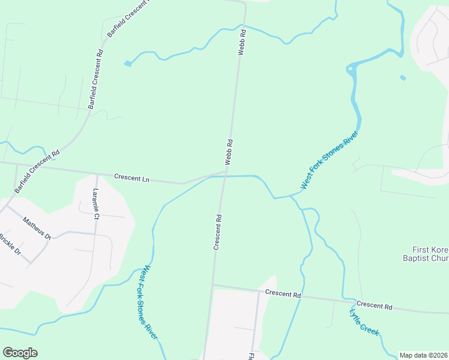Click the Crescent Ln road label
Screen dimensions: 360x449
131,178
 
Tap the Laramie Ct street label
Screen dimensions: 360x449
96,203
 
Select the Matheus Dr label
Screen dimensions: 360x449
37,228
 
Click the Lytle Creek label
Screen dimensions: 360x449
364,322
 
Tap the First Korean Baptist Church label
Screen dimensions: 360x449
430,254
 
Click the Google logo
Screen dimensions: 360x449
20,353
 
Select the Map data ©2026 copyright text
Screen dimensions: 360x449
423,355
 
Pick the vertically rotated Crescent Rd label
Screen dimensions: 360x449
218,232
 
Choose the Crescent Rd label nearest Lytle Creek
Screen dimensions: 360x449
375,305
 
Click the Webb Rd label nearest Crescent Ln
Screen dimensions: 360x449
229,152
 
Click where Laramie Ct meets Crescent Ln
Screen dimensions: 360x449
97,174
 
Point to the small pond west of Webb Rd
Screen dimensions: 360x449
127,63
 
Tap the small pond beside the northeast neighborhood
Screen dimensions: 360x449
402,77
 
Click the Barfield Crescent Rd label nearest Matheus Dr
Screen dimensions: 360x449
37,171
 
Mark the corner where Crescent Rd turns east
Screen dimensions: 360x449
213,285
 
